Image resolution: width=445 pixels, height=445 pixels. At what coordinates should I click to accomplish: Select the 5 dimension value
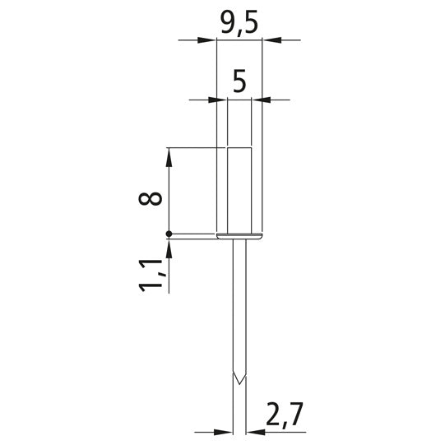[239, 82]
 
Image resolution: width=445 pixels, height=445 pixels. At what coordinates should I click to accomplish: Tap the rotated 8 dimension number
[151, 198]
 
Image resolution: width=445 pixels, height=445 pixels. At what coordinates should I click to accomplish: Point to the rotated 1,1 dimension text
[151, 276]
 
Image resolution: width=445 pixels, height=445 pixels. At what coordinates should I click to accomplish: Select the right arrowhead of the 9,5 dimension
[272, 40]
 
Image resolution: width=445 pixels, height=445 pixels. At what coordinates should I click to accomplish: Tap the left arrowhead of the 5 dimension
[217, 100]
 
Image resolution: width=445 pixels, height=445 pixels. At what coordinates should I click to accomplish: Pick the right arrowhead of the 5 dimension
[261, 100]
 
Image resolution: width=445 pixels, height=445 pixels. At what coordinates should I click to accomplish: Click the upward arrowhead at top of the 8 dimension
[169, 157]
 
